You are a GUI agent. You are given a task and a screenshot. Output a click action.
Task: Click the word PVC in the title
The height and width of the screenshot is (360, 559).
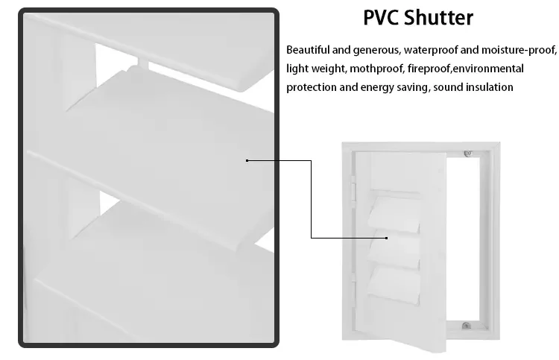[x=381, y=17]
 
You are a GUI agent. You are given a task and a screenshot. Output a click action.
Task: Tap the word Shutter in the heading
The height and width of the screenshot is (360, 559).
[x=438, y=17]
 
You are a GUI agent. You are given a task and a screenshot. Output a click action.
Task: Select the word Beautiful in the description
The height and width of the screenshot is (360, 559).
[x=309, y=50]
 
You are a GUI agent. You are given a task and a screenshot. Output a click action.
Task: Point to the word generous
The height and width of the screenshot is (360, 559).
[x=376, y=50]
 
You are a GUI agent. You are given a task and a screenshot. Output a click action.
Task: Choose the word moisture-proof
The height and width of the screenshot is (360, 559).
[x=517, y=50]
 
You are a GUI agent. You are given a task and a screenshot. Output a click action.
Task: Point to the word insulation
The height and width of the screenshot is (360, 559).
[x=487, y=87]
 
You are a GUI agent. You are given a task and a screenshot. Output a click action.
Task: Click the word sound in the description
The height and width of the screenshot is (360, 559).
[x=446, y=87]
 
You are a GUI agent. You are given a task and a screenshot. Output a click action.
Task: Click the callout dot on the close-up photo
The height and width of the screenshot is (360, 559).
[x=247, y=160]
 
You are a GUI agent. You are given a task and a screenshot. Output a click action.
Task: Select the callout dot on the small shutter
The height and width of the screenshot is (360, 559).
[x=387, y=238]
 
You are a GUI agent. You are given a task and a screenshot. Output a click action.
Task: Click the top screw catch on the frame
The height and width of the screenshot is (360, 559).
[x=467, y=154]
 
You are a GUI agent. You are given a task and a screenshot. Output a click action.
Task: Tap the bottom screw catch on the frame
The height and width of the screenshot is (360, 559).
[x=465, y=326]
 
